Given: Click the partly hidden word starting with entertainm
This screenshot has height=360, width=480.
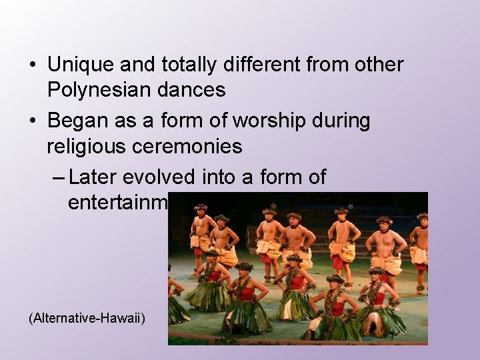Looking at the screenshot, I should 117,202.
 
